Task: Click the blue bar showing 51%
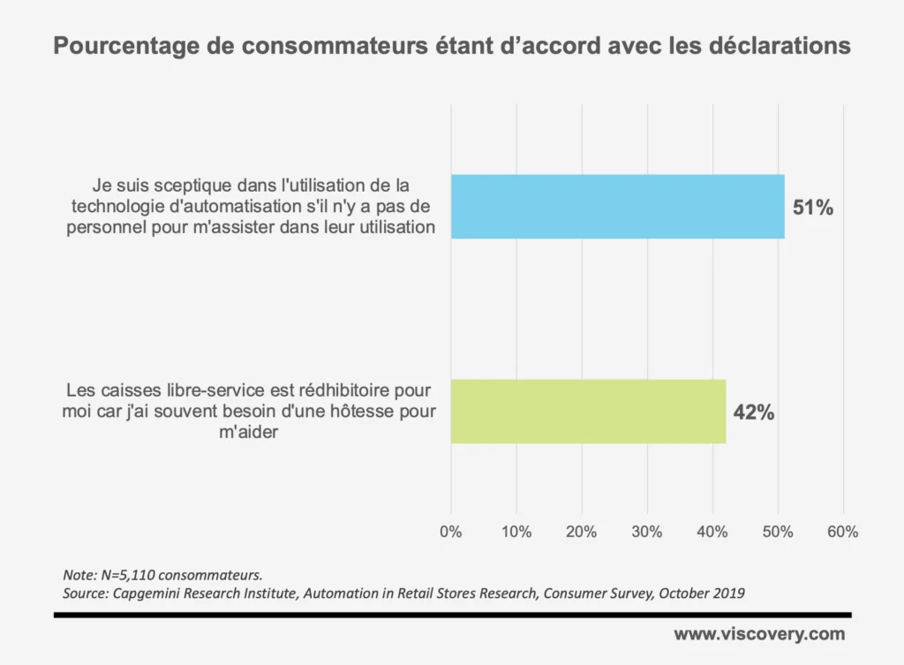point(617,207)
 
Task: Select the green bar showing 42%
point(588,412)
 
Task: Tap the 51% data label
point(812,208)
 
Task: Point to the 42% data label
point(753,412)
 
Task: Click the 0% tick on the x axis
point(451,533)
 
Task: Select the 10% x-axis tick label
point(516,533)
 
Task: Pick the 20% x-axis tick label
point(582,533)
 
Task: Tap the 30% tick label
point(647,533)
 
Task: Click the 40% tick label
point(712,533)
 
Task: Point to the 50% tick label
point(778,533)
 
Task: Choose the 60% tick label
point(843,533)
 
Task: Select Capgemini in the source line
point(147,593)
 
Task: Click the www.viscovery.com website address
point(759,634)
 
